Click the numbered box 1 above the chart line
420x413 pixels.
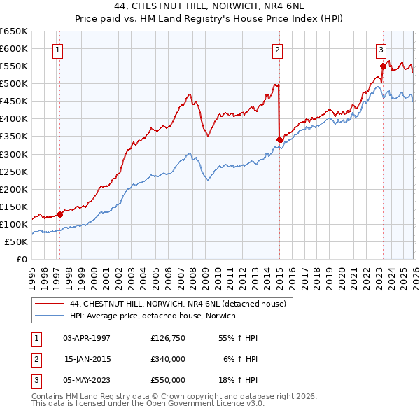tap(57, 50)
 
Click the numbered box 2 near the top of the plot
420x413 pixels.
tap(278, 50)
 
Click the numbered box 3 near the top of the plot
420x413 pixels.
tap(381, 50)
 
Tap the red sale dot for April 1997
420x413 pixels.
tap(59, 215)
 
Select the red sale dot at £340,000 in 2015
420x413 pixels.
tap(279, 140)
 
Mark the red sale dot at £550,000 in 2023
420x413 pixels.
tap(383, 66)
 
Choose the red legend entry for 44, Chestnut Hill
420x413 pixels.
tap(178, 304)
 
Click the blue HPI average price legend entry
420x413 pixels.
tap(153, 316)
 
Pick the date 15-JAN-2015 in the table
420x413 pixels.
tap(87, 359)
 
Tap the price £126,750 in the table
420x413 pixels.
tap(168, 338)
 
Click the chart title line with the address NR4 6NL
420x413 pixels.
tap(210, 6)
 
